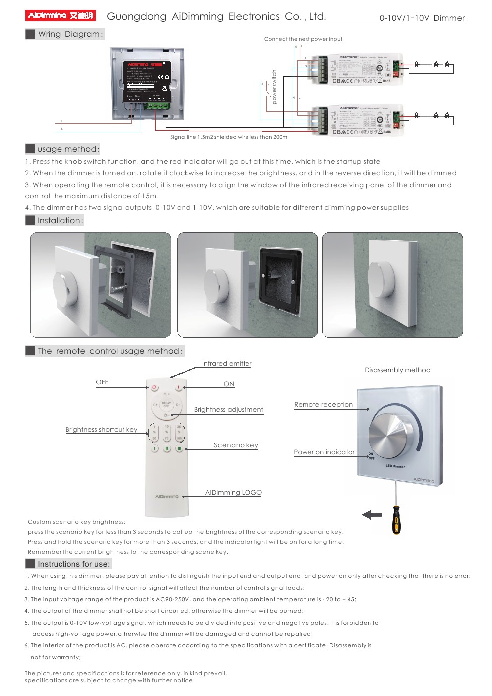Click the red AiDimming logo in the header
(60, 16)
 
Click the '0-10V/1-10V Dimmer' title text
(422, 18)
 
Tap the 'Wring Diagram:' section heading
(70, 34)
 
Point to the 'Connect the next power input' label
(303, 39)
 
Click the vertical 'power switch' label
(274, 87)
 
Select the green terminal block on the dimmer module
(157, 105)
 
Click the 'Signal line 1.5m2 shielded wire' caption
(228, 137)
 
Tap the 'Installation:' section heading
(60, 220)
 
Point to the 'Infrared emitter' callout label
(227, 364)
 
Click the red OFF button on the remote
(154, 387)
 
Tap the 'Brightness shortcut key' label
(102, 430)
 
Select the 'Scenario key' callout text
(236, 445)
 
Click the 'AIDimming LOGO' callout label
(233, 493)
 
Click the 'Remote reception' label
(323, 405)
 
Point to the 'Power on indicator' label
(324, 452)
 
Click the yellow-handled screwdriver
(396, 518)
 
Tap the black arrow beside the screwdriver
(372, 515)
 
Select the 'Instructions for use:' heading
(73, 564)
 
